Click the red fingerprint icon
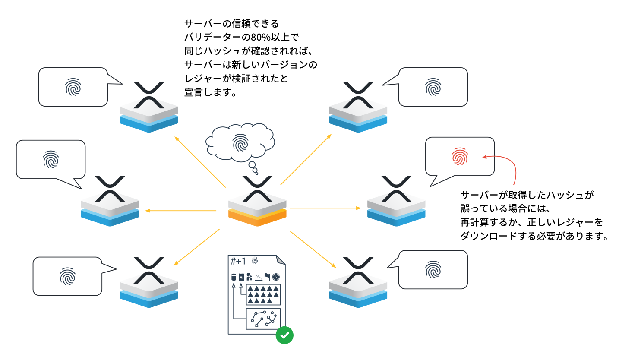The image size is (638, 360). pyautogui.click(x=460, y=156)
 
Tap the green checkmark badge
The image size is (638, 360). pyautogui.click(x=284, y=335)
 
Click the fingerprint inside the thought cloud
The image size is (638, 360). pyautogui.click(x=240, y=142)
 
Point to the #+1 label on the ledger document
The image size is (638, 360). pyautogui.click(x=238, y=261)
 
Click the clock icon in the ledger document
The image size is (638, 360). pyautogui.click(x=276, y=277)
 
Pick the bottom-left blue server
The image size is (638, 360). pyautogui.click(x=149, y=287)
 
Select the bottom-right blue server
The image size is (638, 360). pyautogui.click(x=358, y=287)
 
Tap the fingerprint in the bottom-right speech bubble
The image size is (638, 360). pyautogui.click(x=433, y=270)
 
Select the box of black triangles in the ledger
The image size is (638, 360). pyautogui.click(x=263, y=294)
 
